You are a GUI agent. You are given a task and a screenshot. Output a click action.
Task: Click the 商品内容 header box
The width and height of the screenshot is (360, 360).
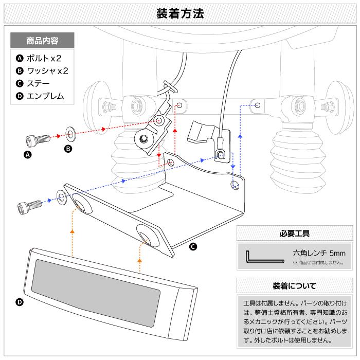(x=42, y=40)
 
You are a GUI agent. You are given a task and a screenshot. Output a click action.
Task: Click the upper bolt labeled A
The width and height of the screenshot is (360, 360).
(x=35, y=138)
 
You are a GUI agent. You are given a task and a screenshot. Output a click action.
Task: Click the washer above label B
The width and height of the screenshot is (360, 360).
(x=70, y=135)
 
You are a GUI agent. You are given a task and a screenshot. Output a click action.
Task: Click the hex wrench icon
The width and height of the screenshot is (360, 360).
(x=263, y=258)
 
